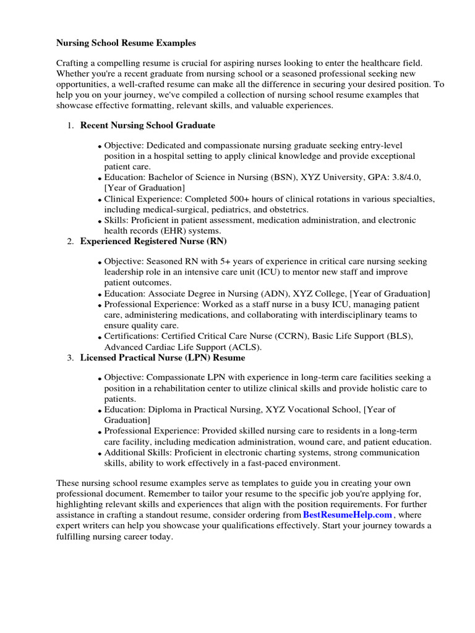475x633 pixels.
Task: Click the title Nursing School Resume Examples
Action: (x=126, y=43)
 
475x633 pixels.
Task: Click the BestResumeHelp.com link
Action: (x=348, y=514)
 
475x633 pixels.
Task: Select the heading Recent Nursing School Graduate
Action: (x=148, y=125)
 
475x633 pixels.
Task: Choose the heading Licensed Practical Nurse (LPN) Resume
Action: (x=163, y=357)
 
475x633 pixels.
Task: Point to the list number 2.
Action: (x=71, y=241)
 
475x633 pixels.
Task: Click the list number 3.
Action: (x=71, y=358)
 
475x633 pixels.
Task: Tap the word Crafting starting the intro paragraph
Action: (x=74, y=63)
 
